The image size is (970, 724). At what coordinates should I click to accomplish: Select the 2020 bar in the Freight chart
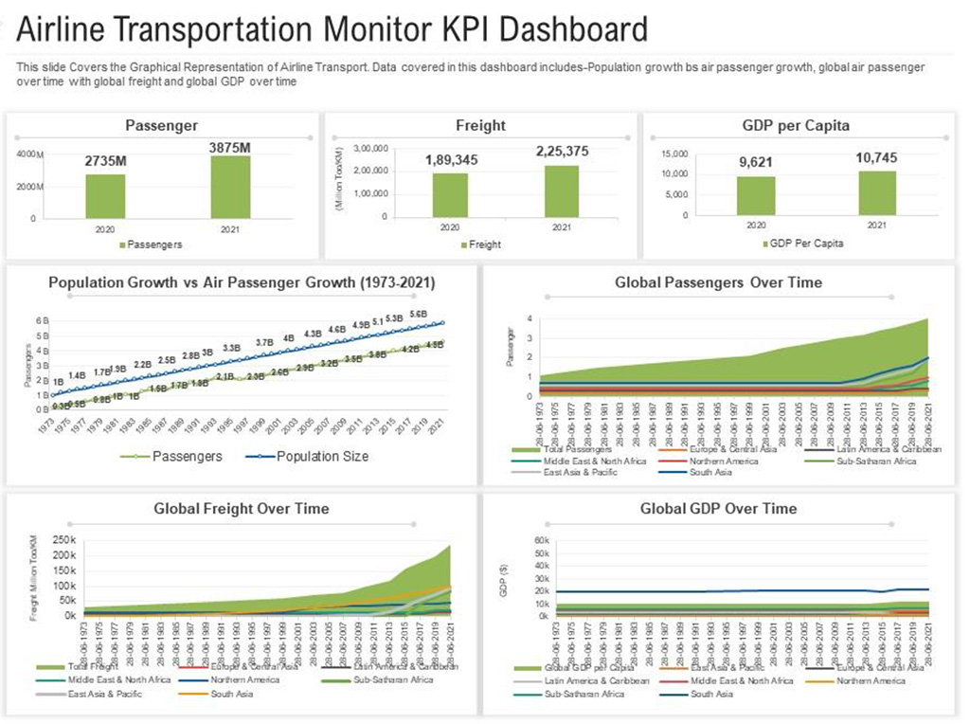click(x=450, y=194)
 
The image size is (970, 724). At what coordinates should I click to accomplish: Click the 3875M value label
click(x=230, y=148)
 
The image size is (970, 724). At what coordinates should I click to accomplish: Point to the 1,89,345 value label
click(x=450, y=159)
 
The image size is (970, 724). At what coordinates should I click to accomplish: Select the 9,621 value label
click(x=756, y=163)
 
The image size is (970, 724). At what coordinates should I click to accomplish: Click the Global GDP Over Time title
click(x=718, y=509)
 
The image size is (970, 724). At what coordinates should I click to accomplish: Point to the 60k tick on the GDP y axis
click(x=515, y=540)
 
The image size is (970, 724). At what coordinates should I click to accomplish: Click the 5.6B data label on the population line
click(x=418, y=314)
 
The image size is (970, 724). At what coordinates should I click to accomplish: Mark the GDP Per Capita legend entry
click(x=805, y=244)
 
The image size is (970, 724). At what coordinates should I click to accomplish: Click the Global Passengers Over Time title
click(x=718, y=282)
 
